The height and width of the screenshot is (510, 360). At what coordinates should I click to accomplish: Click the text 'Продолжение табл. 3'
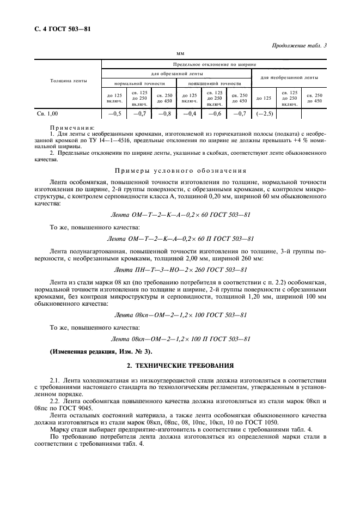tap(299, 46)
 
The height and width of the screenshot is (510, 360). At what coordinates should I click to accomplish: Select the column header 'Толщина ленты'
tap(68, 81)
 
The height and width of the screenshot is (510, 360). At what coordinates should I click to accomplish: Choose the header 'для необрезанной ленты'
tap(289, 77)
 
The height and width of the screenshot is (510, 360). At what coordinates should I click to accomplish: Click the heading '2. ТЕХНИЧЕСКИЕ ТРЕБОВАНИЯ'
tap(180, 366)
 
